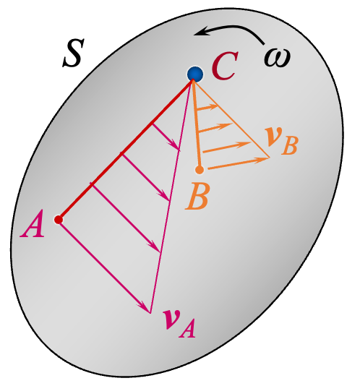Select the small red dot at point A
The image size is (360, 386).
59,219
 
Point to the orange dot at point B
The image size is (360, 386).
200,170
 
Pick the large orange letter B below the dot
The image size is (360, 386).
197,196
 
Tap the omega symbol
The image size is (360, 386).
276,56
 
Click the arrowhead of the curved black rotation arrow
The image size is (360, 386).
205,32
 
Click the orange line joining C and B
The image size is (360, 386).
197,123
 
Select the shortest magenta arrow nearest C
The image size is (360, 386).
166,137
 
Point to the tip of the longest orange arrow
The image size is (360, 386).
268,157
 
